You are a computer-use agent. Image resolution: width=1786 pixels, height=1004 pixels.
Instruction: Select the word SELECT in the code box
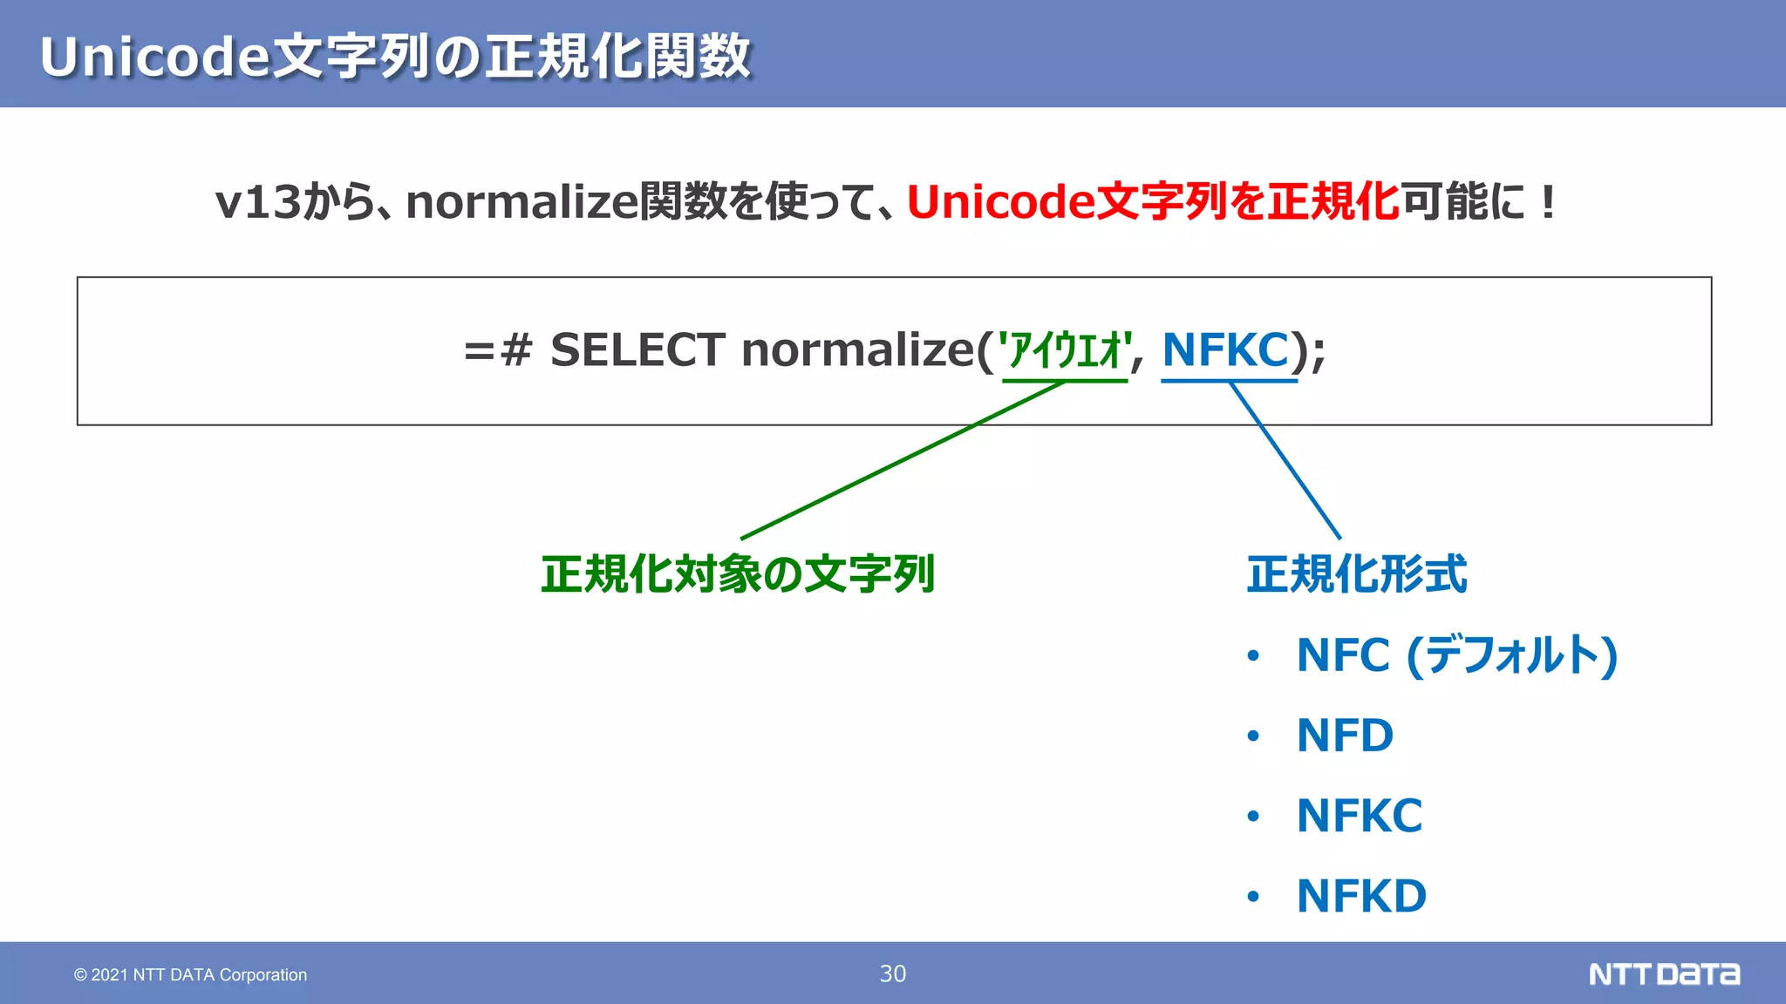(637, 350)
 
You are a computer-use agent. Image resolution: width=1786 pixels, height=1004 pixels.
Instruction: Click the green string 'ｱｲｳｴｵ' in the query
(1065, 351)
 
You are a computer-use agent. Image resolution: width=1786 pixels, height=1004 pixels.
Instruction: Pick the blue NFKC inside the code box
(1225, 350)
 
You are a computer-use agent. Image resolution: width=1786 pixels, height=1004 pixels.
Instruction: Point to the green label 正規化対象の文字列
(738, 575)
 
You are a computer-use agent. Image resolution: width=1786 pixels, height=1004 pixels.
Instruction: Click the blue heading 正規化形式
(1357, 575)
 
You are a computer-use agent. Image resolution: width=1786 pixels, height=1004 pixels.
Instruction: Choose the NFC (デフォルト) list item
(1456, 655)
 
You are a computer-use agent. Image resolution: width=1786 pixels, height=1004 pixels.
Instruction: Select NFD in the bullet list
(1345, 736)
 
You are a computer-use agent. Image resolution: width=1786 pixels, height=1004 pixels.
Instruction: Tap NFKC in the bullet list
(1359, 817)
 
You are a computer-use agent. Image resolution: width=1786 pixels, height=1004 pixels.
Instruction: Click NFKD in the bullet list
(1361, 897)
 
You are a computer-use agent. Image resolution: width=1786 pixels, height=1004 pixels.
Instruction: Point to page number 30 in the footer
(893, 973)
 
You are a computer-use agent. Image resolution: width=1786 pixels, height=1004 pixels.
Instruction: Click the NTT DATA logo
(1664, 973)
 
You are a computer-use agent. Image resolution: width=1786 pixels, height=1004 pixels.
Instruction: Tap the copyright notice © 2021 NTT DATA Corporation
(190, 975)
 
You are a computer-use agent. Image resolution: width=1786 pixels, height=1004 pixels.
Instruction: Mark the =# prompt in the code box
(498, 351)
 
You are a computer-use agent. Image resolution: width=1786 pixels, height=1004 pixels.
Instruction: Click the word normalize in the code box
(857, 350)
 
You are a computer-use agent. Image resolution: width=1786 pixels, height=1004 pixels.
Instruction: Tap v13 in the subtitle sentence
(257, 202)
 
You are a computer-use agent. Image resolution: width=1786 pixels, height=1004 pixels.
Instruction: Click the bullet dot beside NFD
(1253, 736)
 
